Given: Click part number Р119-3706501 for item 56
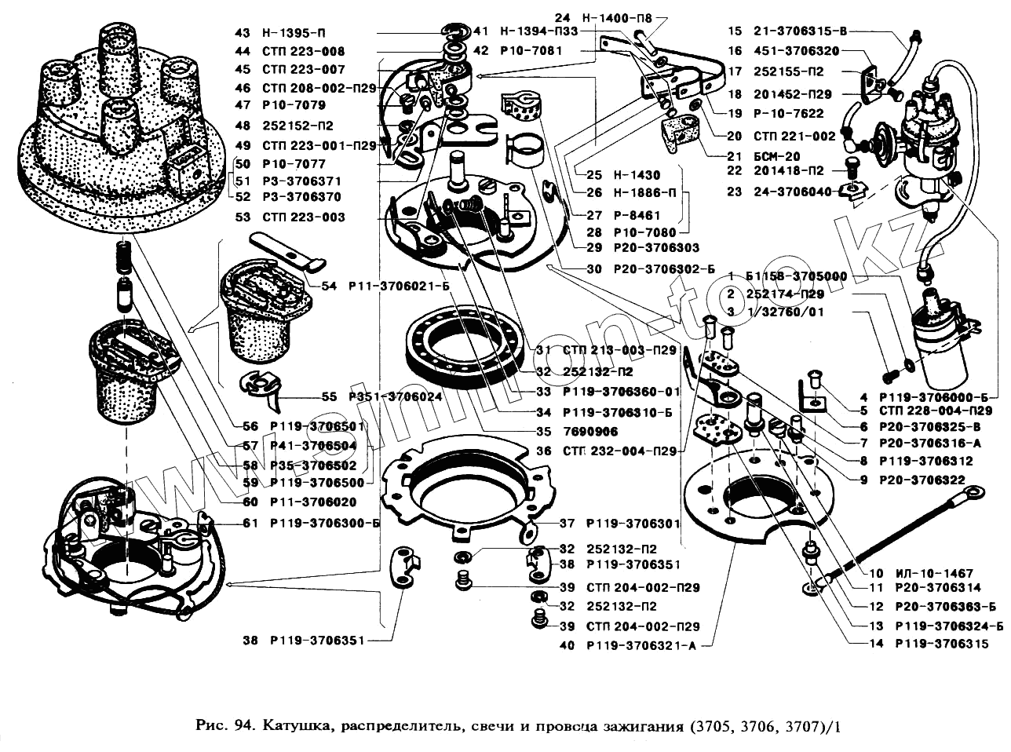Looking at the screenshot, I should [313, 426].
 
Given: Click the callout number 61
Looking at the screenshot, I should [249, 523].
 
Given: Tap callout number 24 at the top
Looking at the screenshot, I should [562, 16].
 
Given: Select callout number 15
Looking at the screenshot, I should [734, 32].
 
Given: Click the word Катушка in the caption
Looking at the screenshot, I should [297, 725].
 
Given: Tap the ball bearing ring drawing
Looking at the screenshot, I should [463, 342].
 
